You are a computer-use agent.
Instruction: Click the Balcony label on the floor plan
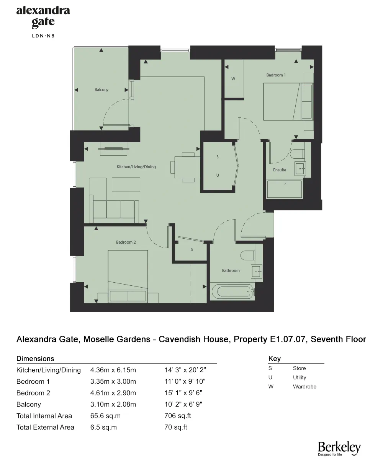[x=101, y=90]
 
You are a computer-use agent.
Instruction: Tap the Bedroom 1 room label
[x=276, y=75]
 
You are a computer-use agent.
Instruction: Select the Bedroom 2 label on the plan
[x=126, y=242]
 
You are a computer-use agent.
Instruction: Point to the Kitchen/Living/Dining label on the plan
[x=136, y=167]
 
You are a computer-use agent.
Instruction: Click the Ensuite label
[x=280, y=170]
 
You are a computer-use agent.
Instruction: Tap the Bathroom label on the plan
[x=231, y=270]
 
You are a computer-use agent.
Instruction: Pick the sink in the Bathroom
[x=256, y=271]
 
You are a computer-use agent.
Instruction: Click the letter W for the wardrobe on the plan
[x=233, y=79]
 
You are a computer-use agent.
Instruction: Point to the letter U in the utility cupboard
[x=218, y=175]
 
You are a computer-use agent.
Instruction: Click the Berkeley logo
[x=339, y=448]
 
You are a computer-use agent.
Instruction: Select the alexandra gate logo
[x=43, y=17]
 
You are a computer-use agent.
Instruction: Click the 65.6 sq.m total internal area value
[x=103, y=416]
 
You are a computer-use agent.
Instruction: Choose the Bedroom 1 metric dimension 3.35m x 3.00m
[x=113, y=381]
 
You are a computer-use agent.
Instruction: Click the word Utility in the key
[x=300, y=378]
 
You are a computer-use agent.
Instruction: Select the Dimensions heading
[x=35, y=359]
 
